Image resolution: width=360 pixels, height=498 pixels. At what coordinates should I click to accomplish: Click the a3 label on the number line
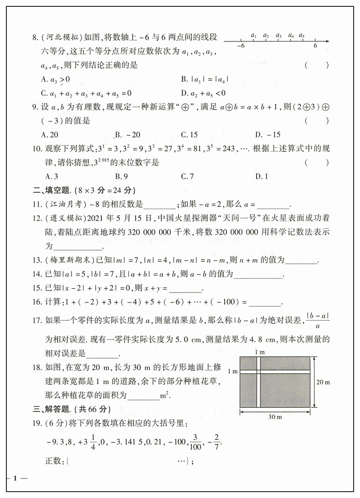(279, 35)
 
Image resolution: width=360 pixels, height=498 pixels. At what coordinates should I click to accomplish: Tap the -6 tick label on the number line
(241, 46)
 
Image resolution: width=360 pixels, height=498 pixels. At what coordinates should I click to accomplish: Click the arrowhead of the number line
(328, 41)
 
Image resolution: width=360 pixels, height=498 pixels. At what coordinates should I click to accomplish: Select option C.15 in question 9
(189, 134)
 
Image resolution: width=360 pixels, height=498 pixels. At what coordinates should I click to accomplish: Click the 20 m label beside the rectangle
(323, 382)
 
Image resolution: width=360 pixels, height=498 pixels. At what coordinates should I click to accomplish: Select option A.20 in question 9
(49, 134)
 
